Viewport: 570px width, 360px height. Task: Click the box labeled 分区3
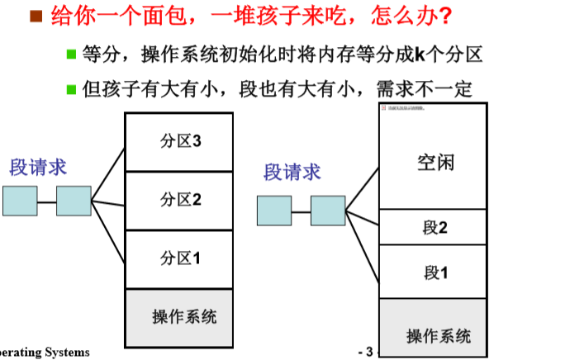179,141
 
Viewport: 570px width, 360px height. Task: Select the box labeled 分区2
179,200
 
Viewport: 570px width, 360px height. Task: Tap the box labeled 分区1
179,259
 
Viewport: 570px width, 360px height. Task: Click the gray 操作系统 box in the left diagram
179,317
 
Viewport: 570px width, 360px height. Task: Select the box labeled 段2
434,227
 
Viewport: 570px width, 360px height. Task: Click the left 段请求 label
38,167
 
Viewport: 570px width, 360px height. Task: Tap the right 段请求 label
292,172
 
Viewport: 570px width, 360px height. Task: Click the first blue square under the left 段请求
20,201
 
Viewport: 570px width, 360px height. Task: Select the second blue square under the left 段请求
74,201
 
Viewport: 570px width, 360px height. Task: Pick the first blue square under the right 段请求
273,210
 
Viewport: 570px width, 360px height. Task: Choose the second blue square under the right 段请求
328,210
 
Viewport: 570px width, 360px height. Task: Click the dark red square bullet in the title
36,16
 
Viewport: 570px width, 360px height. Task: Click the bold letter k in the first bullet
418,55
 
